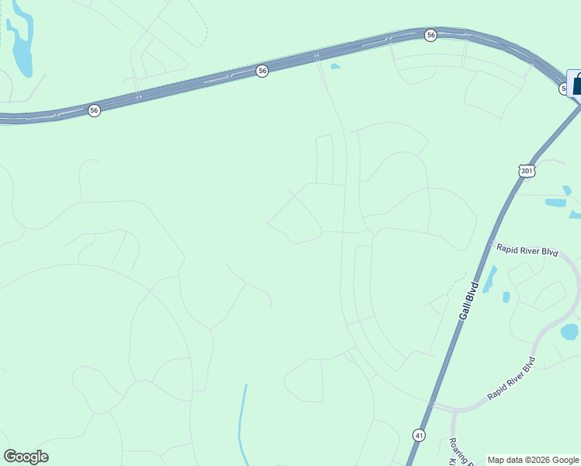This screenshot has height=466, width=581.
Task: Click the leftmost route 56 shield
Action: [x=94, y=111]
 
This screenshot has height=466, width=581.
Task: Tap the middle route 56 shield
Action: [x=263, y=71]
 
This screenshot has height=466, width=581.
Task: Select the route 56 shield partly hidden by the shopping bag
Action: [x=565, y=89]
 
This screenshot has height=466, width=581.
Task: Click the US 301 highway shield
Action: [x=527, y=170]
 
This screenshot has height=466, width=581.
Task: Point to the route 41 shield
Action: [x=419, y=435]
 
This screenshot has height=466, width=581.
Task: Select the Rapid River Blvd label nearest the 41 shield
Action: [x=511, y=379]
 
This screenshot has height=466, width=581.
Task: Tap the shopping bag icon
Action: [x=576, y=83]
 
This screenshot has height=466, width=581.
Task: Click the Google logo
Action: [x=26, y=457]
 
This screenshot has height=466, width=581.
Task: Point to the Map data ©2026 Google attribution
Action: [x=534, y=460]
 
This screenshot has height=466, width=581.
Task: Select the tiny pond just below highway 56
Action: [x=335, y=67]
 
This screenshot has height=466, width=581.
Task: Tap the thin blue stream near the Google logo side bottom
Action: [x=242, y=423]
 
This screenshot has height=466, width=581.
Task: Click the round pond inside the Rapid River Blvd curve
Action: [x=570, y=332]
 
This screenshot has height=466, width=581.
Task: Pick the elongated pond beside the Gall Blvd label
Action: [x=489, y=280]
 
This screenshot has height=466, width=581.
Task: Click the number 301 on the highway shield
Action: [x=527, y=171]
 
